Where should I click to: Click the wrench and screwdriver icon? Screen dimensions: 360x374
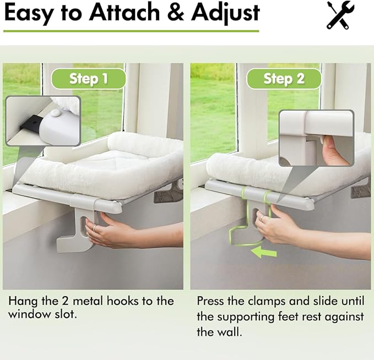[x=340, y=15]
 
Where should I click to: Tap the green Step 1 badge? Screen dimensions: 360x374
[x=88, y=79]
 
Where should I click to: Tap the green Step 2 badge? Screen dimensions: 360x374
[x=284, y=79]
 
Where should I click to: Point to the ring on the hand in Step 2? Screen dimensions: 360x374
[x=263, y=219]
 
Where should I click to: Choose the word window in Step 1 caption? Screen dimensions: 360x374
[x=27, y=314]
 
